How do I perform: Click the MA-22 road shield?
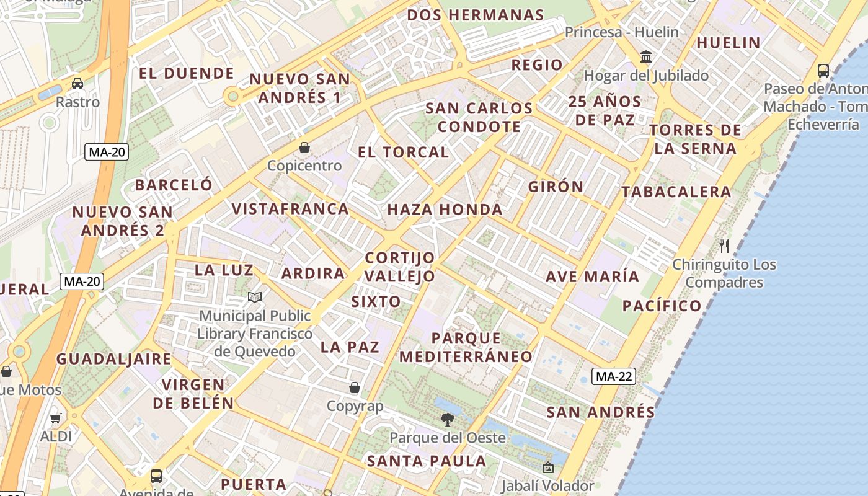(x=614, y=376)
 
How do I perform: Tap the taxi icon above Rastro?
(x=77, y=83)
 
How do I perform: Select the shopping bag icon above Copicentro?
(x=304, y=148)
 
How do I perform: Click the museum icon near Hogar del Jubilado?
(x=646, y=57)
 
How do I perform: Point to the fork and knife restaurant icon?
(x=724, y=246)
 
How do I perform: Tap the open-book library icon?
(x=255, y=298)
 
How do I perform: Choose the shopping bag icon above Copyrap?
(x=355, y=387)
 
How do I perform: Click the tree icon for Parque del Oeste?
(x=447, y=420)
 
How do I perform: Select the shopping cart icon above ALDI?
(x=56, y=418)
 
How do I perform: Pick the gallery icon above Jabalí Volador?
(x=547, y=467)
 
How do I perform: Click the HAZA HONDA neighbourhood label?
(x=445, y=210)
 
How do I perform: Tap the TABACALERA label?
(x=676, y=192)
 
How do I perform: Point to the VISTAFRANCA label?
(x=290, y=208)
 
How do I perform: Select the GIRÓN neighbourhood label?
(x=556, y=187)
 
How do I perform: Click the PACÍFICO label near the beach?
(x=662, y=306)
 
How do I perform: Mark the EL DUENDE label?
(x=186, y=73)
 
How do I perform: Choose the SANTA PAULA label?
(x=427, y=461)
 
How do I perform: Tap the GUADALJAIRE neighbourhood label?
(x=113, y=359)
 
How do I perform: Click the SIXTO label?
(x=376, y=302)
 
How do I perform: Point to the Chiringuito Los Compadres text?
(x=724, y=273)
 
